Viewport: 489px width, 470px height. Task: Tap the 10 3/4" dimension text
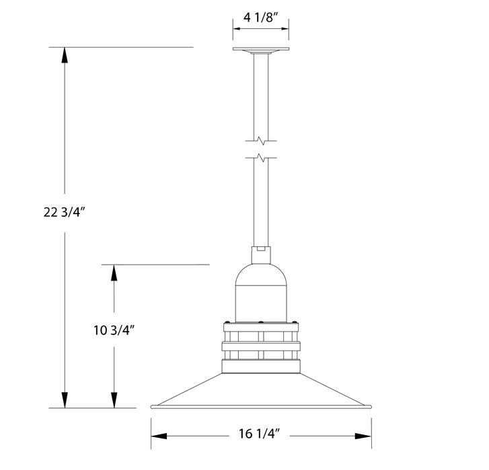[114, 330]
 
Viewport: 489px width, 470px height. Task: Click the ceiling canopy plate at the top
[261, 50]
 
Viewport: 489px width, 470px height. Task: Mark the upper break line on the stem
[261, 141]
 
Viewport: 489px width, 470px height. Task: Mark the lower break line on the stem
[261, 158]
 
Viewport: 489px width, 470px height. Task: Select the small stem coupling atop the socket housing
[261, 255]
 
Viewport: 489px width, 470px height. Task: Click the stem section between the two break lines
[261, 150]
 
